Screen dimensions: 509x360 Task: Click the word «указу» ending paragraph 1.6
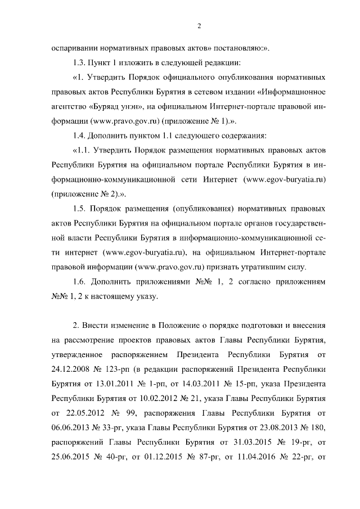pyautogui.click(x=147, y=296)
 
